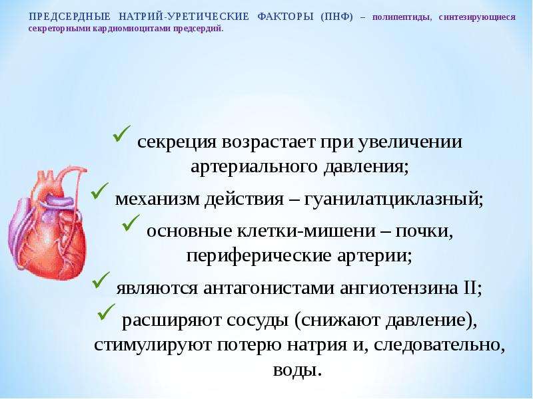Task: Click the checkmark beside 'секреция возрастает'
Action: coord(122,134)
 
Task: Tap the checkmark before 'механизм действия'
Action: coord(99,192)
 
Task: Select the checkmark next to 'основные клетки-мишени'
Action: coord(131,223)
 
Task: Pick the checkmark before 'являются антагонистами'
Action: coord(101,281)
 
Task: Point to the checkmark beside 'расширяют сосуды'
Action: coord(107,312)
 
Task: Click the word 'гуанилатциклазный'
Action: coord(393,199)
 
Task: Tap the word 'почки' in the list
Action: coord(424,231)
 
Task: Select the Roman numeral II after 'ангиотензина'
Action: coord(470,288)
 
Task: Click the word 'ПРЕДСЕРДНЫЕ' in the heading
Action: coord(70,17)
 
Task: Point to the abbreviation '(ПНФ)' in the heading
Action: coord(337,17)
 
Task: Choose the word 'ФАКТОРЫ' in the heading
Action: coord(285,17)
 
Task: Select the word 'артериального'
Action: coord(255,167)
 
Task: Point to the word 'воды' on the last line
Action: coord(297,370)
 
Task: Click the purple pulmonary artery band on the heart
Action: coord(58,201)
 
